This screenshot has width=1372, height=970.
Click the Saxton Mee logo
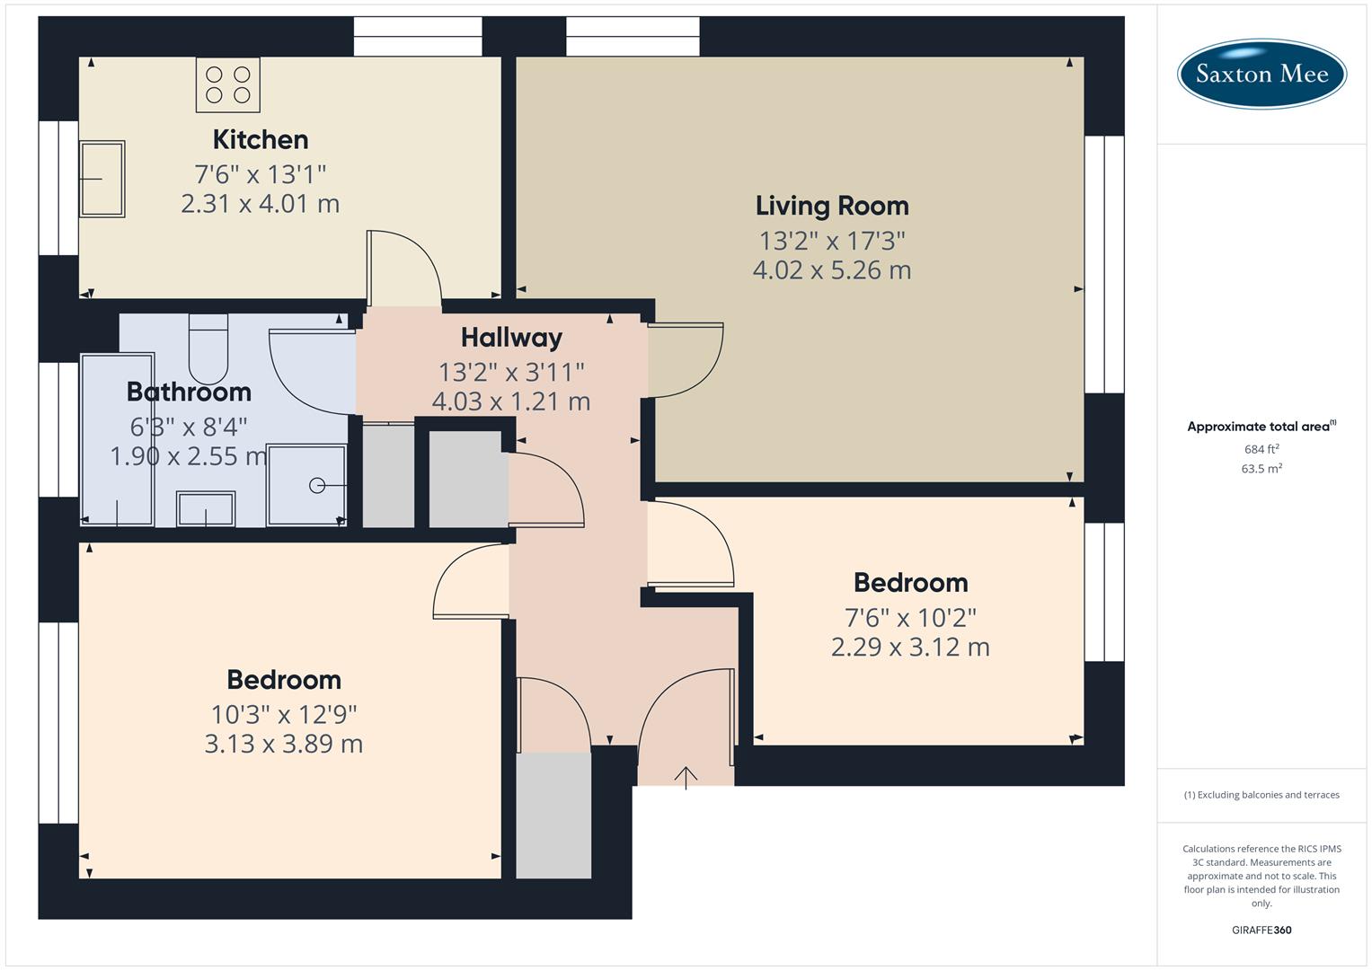1261,74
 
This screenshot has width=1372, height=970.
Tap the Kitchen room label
261,139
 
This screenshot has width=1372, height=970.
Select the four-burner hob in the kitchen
228,84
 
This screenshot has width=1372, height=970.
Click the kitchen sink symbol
102,179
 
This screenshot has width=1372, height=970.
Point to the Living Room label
831,206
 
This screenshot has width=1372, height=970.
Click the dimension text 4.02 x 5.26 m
831,270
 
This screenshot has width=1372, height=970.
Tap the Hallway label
511,338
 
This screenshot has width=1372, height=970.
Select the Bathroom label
189,392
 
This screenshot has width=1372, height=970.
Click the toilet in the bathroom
208,349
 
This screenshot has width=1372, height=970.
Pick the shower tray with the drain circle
307,484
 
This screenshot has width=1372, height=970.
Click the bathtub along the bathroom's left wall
118,439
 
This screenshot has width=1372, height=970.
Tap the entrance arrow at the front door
686,777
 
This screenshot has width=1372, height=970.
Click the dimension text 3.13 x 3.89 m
283,744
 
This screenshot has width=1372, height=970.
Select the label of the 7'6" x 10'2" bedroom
910,583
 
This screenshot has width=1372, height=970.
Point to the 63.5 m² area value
1261,469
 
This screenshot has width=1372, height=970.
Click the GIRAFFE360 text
1261,930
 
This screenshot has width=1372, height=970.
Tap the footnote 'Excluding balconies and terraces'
1261,795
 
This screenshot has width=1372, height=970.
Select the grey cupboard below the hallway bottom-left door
553,816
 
